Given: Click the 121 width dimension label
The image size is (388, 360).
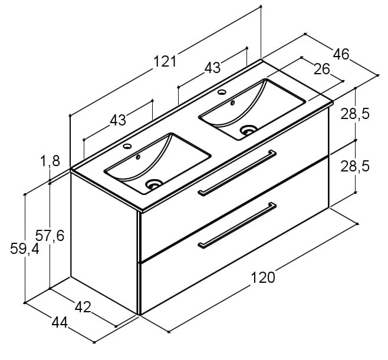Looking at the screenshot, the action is click(x=165, y=61).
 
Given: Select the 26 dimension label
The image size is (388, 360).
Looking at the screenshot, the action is click(x=322, y=69).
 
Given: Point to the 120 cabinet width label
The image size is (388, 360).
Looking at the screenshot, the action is click(x=263, y=278).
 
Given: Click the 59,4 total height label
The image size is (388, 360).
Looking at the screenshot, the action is click(x=25, y=249).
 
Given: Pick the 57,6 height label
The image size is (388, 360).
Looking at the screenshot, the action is click(x=50, y=236).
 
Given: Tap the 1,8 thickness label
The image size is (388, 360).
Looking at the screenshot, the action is click(x=50, y=161).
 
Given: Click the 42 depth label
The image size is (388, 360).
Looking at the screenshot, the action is click(x=83, y=308).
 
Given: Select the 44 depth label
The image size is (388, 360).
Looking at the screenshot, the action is click(x=60, y=323).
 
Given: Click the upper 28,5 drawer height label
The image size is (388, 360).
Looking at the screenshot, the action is click(x=355, y=114).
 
